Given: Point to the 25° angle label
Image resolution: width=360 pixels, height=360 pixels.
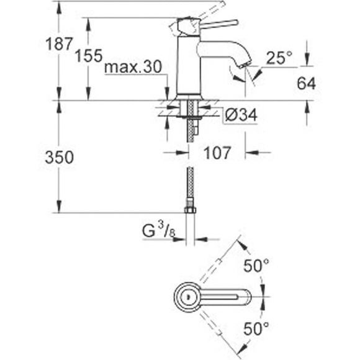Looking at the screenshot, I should click(x=279, y=58).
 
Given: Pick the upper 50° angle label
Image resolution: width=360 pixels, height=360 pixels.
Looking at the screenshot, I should click(x=256, y=267).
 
